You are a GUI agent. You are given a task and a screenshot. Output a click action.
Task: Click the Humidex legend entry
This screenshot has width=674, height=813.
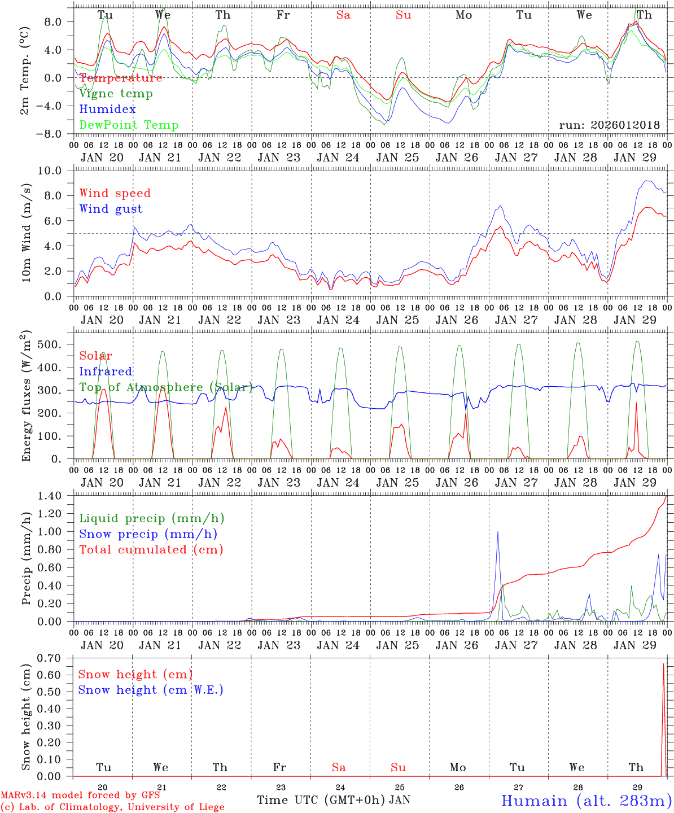(107, 109)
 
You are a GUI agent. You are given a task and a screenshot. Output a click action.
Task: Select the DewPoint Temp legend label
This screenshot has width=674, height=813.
(129, 125)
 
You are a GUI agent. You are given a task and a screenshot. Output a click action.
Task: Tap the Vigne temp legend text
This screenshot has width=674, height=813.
(116, 93)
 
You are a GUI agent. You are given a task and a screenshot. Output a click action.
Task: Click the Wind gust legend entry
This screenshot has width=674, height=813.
(111, 209)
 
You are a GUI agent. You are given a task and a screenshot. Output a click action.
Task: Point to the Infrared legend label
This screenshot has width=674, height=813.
(106, 371)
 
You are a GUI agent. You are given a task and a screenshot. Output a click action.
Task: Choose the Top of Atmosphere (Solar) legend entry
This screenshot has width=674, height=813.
(166, 387)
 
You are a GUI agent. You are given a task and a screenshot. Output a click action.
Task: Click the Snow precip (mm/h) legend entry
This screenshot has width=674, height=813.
(148, 534)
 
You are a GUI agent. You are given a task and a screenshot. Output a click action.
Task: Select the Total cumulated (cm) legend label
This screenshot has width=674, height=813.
(151, 549)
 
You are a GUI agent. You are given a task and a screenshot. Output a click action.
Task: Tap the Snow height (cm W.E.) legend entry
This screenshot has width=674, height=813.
(151, 690)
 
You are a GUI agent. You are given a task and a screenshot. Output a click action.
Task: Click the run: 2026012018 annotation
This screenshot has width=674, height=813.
(609, 125)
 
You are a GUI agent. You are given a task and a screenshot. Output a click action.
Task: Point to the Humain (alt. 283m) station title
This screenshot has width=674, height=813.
(587, 801)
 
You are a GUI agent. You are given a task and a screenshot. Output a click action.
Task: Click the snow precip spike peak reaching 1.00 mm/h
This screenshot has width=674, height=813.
(497, 532)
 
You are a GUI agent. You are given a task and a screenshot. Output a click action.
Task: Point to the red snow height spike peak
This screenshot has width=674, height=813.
(663, 664)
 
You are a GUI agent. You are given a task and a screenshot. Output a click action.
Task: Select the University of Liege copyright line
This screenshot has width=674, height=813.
(112, 807)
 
